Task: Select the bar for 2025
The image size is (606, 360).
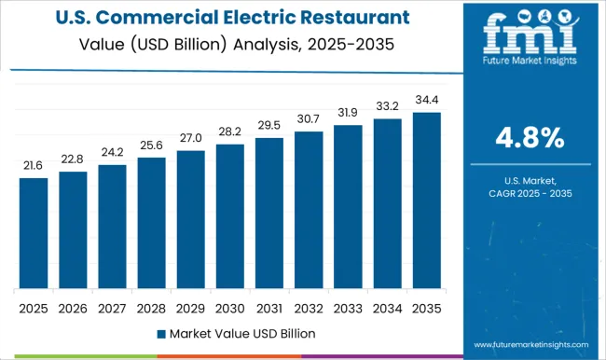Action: (34, 233)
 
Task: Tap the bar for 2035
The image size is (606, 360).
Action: (427, 201)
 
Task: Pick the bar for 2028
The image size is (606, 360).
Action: (151, 223)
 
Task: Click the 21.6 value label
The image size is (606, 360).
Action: (34, 164)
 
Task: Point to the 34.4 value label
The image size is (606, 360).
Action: (427, 99)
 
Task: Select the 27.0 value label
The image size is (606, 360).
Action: (191, 137)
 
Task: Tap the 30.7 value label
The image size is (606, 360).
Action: (309, 118)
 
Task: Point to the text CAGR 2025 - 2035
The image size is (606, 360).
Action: (529, 192)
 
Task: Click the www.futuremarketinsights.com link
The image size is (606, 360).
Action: (529, 344)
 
